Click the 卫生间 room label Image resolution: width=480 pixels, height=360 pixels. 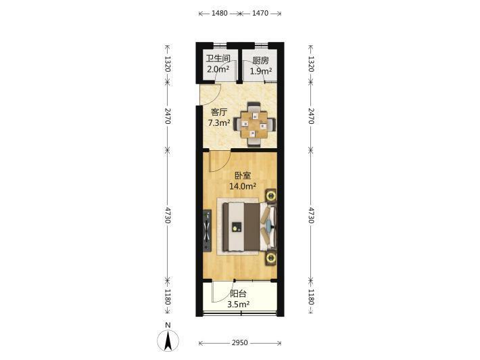(218, 58)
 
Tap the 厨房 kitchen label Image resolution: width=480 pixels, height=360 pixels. (260, 61)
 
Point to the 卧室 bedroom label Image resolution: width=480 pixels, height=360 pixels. (243, 175)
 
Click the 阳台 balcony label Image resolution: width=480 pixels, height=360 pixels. (238, 294)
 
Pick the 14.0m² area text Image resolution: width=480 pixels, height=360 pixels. (243, 185)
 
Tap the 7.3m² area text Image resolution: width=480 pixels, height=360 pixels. (219, 123)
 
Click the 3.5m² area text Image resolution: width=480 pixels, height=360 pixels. (238, 305)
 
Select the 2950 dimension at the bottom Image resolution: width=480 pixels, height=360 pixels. (240, 342)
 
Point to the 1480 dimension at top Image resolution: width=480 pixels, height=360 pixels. (220, 13)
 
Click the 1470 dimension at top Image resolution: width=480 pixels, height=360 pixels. (260, 13)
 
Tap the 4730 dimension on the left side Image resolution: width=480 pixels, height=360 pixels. (168, 215)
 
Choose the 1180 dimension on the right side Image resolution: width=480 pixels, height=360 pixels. (311, 296)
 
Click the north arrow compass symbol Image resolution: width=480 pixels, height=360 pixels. (168, 340)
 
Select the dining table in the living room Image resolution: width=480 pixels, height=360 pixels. (255, 125)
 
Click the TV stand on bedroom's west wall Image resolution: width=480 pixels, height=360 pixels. (208, 231)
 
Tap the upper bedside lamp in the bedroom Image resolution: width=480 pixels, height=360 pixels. (271, 196)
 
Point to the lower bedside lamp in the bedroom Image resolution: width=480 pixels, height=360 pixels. (271, 258)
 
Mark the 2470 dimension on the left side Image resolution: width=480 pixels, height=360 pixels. (168, 116)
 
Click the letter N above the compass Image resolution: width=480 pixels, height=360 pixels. (168, 325)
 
